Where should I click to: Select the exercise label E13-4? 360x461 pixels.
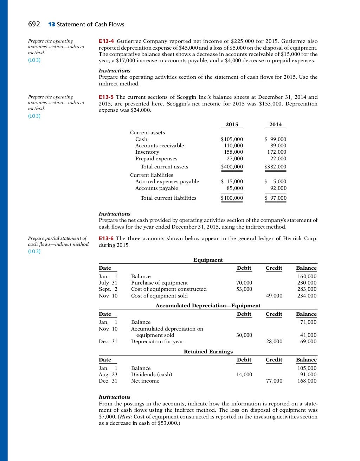point(106,41)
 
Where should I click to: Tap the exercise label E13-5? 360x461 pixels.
point(106,97)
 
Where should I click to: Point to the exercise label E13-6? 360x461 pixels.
point(106,238)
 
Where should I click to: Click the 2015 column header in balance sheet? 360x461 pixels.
point(232,124)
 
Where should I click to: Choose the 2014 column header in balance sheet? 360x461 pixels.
point(275,124)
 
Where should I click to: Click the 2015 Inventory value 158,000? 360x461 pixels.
point(233,152)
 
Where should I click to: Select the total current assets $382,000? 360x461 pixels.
point(275,167)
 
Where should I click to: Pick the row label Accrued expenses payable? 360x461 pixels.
point(167,181)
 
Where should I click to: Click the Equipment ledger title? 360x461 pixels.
point(208,260)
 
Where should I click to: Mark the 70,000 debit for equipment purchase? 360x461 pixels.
point(244,283)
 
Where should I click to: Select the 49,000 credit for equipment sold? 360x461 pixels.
point(274,296)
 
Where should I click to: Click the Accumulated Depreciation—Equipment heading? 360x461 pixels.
point(208,306)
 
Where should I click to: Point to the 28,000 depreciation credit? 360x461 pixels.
point(274,341)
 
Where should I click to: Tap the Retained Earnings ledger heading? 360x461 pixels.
point(208,352)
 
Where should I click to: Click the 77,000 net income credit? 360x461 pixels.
point(274,381)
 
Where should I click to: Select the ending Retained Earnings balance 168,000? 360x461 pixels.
point(307,381)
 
